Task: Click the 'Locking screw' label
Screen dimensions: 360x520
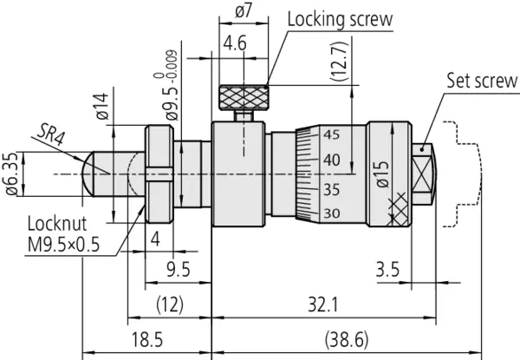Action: pos(339,19)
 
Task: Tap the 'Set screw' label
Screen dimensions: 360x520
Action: pos(481,82)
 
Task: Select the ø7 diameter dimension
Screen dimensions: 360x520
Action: pos(244,12)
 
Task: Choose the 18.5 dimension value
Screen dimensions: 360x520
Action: pos(147,338)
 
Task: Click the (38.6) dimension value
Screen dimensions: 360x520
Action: pos(329,338)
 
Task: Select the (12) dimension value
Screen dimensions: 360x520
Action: pos(169,304)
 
